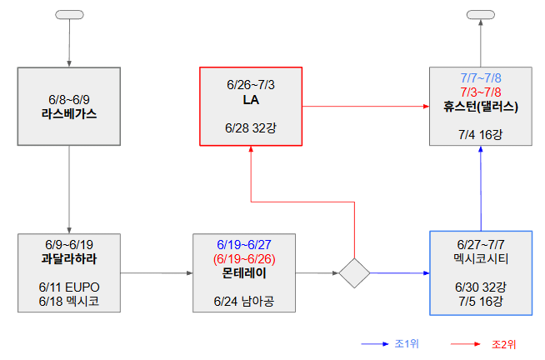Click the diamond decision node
[x=354, y=272]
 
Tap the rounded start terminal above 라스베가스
[x=68, y=15]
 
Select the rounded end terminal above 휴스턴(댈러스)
[x=481, y=15]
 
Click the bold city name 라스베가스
[x=68, y=112]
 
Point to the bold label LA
[x=251, y=99]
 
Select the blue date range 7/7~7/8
[x=481, y=77]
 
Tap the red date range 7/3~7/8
[x=481, y=91]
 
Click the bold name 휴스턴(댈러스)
[x=481, y=106]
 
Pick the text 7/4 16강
[x=481, y=133]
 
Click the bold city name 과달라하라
[x=68, y=258]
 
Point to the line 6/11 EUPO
[x=68, y=287]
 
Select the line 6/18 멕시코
[x=68, y=301]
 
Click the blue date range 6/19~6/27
[x=245, y=244]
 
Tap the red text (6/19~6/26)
[x=245, y=258]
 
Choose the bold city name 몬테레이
[x=245, y=272]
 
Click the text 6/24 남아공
[x=245, y=301]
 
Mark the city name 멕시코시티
[x=481, y=258]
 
